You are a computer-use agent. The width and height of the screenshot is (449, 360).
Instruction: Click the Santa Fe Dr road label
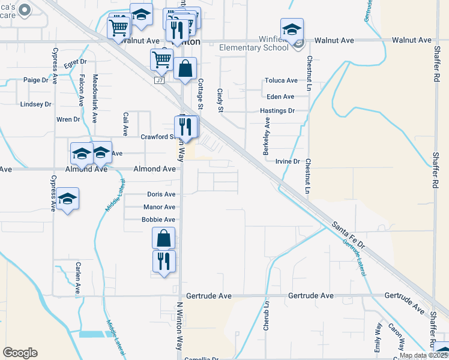[x=349, y=235]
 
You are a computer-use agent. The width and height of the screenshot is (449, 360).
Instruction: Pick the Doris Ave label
[x=161, y=194]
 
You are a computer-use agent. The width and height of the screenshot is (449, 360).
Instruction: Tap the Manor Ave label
[x=159, y=207]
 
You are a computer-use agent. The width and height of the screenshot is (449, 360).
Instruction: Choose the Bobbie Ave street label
[x=158, y=220]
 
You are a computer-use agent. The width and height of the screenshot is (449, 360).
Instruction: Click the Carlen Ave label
[x=78, y=275]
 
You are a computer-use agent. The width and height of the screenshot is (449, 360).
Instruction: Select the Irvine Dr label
[x=288, y=161]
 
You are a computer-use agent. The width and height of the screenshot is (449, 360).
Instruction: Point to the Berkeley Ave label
[x=267, y=137]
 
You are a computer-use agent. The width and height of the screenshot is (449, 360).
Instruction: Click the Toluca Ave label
[x=282, y=80]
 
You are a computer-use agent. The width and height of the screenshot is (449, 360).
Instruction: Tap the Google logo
[x=20, y=353]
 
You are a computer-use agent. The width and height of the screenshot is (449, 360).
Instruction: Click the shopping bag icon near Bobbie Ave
[x=163, y=238]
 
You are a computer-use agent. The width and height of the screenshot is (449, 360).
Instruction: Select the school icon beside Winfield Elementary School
[x=292, y=29]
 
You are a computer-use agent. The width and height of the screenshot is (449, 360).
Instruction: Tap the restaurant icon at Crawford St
[x=185, y=127]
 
